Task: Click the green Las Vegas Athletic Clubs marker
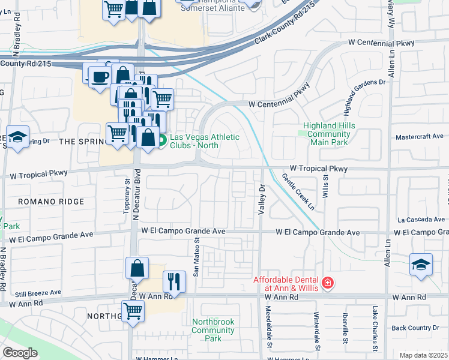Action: [162, 141]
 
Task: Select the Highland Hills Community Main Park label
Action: [329, 134]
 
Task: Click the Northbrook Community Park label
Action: [213, 330]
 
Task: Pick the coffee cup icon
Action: [99, 77]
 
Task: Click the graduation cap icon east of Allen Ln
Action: [421, 264]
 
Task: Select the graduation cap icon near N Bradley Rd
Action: [18, 137]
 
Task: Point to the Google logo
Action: [20, 352]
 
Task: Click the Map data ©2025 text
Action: [423, 355]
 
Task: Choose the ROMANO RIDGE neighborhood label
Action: [50, 202]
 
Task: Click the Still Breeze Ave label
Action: [38, 293]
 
